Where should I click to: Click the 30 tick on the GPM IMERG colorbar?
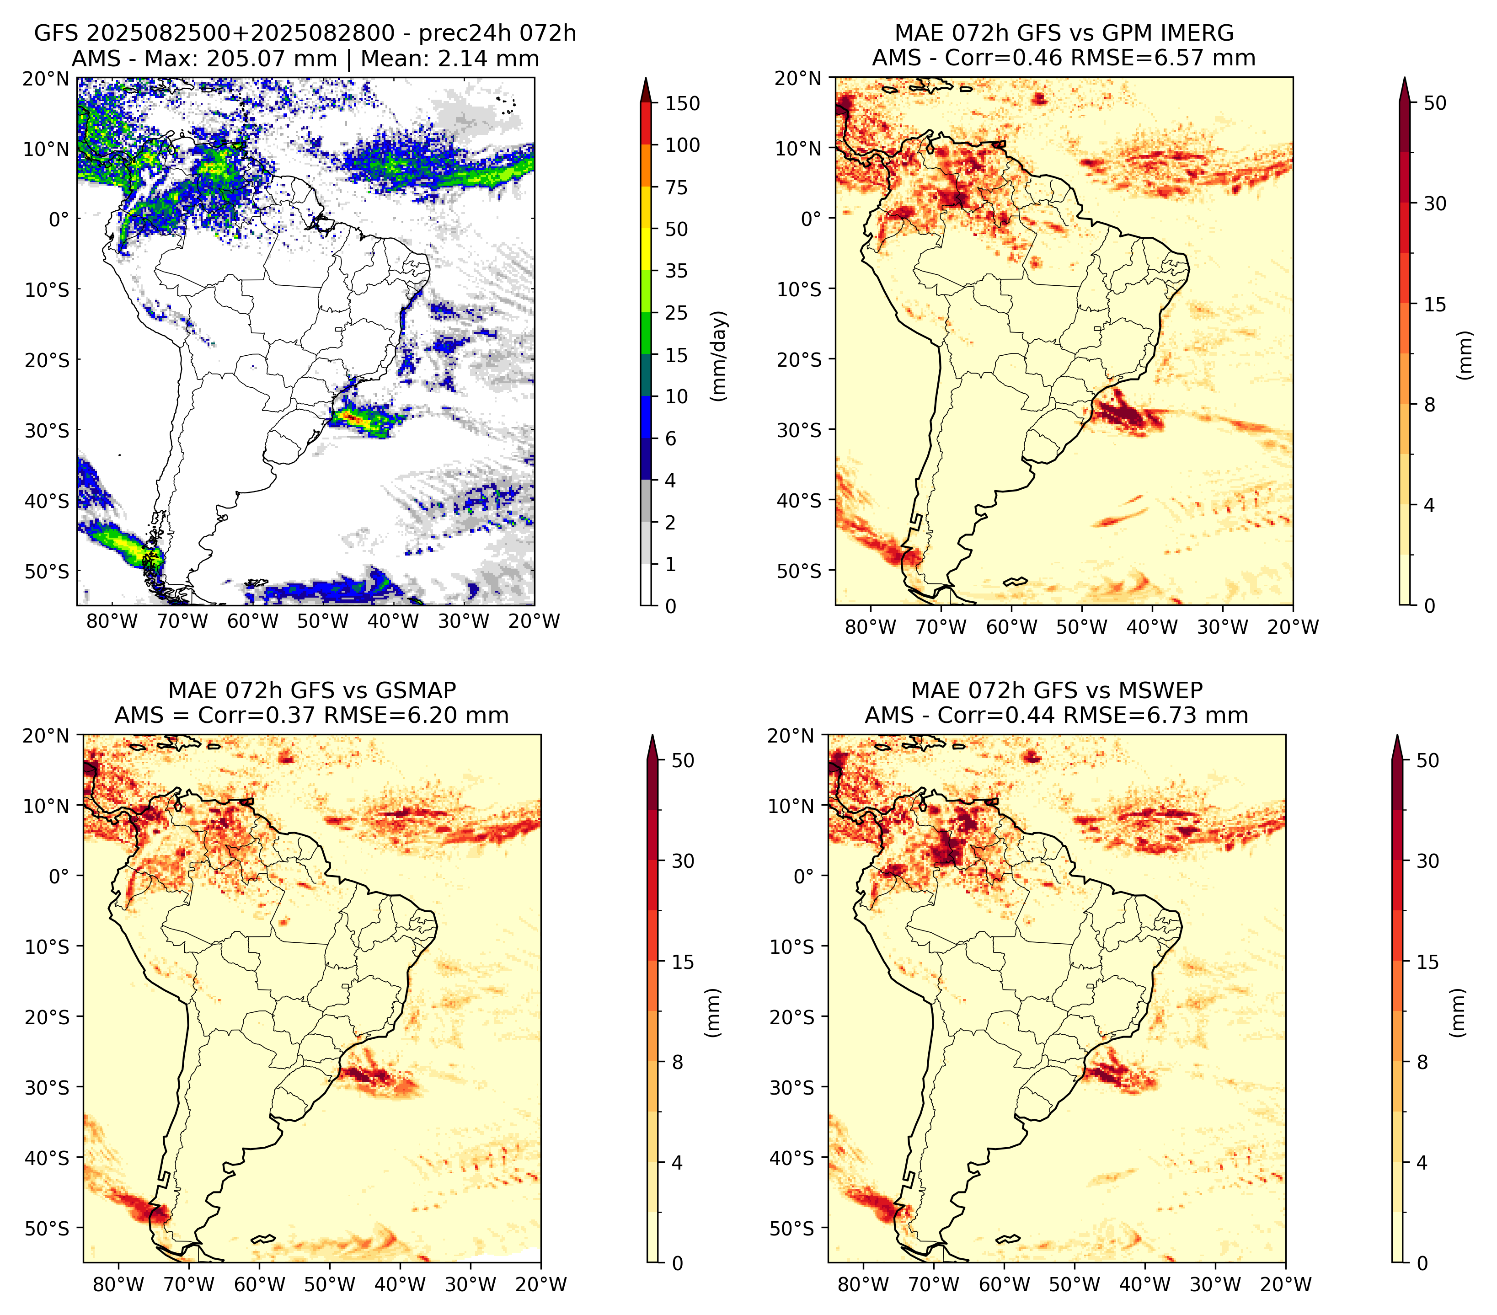(x=1435, y=203)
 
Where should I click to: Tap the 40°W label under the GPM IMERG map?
(x=1152, y=627)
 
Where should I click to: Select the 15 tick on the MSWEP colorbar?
(x=1427, y=962)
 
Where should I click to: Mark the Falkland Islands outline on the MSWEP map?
(x=1007, y=1240)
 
